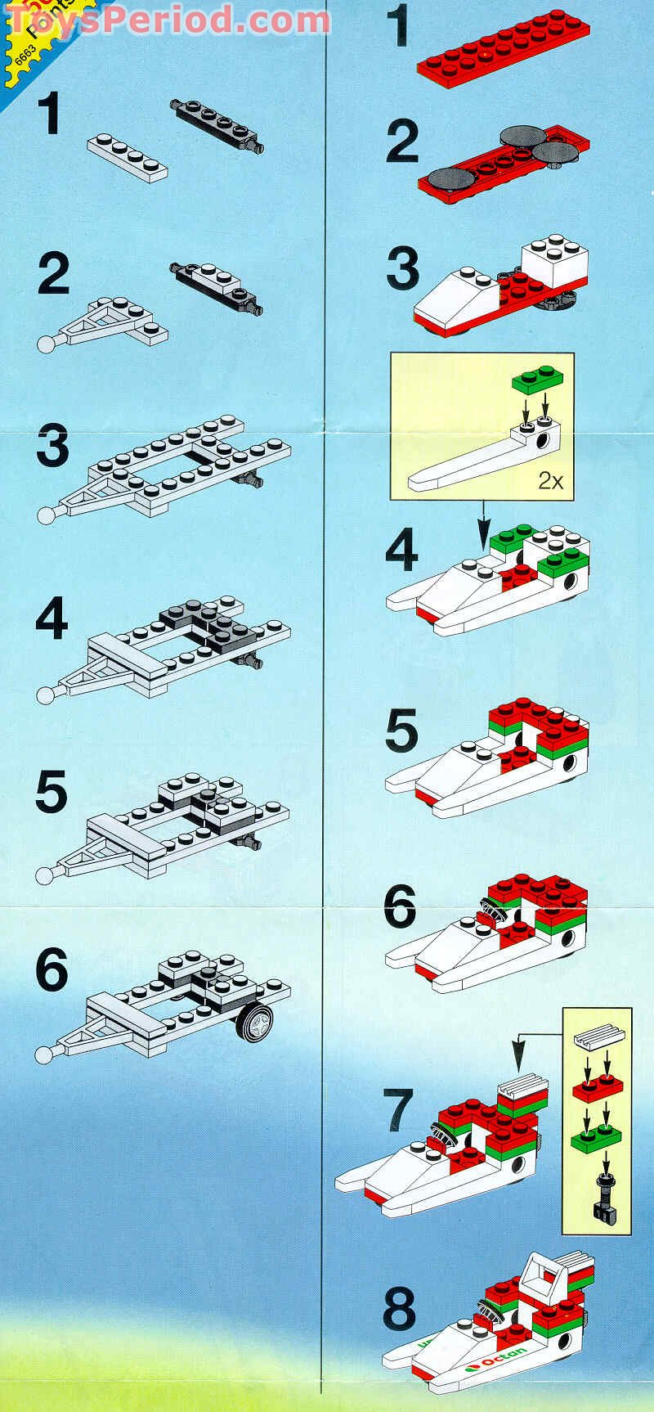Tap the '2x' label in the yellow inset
tap(550, 481)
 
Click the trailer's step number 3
tap(53, 448)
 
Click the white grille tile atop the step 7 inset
tap(600, 1039)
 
